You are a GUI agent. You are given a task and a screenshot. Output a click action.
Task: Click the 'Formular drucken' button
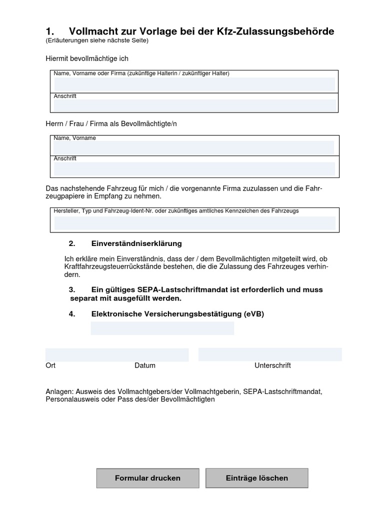click(x=147, y=478)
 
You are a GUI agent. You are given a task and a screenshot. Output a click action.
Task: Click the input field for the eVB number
click(x=162, y=328)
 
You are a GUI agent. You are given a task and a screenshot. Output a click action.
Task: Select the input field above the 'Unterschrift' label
click(x=270, y=354)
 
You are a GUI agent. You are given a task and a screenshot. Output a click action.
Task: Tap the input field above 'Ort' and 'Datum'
click(x=116, y=354)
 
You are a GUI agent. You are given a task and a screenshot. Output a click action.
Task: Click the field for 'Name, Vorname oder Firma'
click(x=194, y=84)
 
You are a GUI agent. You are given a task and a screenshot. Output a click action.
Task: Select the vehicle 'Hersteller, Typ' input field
click(x=194, y=223)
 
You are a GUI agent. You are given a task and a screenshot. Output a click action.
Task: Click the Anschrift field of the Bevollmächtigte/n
click(x=194, y=168)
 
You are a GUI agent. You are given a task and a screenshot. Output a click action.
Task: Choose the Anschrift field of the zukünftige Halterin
click(x=194, y=105)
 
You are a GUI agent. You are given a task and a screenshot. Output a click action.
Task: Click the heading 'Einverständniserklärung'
click(x=136, y=243)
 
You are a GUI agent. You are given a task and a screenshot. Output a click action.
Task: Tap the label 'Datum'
click(x=145, y=365)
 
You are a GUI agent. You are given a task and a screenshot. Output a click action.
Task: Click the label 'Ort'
click(x=50, y=365)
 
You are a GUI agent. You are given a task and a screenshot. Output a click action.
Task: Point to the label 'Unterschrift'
click(x=272, y=365)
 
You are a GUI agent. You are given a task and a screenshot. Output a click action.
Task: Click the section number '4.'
click(x=72, y=314)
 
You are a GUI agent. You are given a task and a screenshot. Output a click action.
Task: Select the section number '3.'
click(x=72, y=289)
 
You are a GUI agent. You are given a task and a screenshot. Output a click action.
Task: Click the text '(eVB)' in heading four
click(x=254, y=314)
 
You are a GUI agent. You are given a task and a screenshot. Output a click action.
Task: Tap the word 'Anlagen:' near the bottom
click(x=59, y=391)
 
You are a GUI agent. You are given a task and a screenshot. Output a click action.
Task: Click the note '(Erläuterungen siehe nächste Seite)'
click(x=97, y=41)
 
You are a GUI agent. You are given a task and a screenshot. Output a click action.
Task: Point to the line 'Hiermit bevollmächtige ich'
click(x=87, y=58)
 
